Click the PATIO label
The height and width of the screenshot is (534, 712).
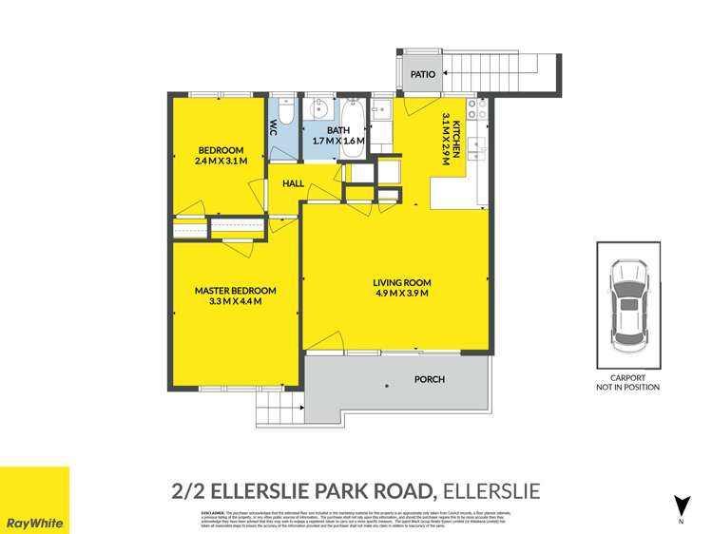(423, 73)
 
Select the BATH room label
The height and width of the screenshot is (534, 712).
(338, 130)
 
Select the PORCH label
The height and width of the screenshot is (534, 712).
(430, 379)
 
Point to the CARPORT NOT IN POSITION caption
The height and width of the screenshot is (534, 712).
(627, 382)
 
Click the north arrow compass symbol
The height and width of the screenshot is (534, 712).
(681, 506)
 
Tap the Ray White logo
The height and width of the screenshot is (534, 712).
(34, 501)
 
